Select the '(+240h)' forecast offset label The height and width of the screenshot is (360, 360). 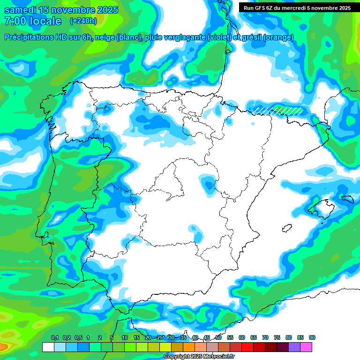83,21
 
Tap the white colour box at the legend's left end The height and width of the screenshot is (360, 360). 48,347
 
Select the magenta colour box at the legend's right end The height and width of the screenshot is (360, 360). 307,347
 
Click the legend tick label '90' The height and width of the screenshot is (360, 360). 312,338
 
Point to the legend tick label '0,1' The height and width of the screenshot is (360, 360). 55,338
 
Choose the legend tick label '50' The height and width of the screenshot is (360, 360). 218,338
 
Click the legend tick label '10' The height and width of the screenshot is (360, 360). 124,338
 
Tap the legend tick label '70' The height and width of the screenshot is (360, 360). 265,338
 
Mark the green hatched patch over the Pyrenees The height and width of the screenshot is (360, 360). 288,110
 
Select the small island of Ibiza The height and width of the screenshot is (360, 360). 285,228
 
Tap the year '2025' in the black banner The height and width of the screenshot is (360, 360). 341,7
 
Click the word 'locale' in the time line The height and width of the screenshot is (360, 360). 45,21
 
